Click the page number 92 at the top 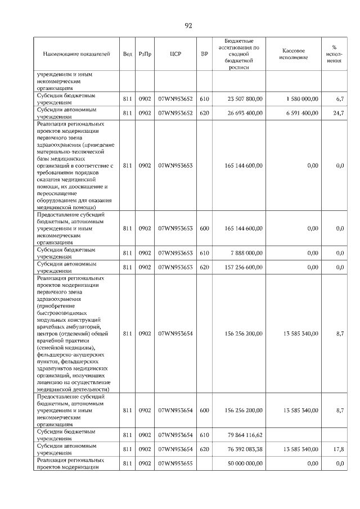tap(188, 25)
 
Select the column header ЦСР tap(175, 54)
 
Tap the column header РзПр tap(145, 54)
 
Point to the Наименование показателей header tap(76, 54)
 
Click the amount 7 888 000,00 tap(246, 253)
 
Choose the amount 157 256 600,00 tap(244, 267)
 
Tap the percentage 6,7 tap(339, 99)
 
